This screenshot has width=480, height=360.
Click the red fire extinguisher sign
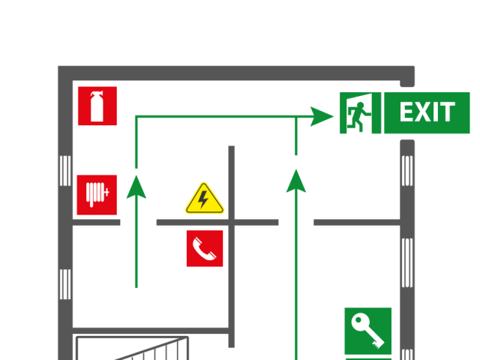(x=97, y=106)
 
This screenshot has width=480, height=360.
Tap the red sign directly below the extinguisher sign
(x=97, y=195)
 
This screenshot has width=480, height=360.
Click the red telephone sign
(x=204, y=248)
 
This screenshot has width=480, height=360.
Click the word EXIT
(x=427, y=113)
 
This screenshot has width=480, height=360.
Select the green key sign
(x=367, y=330)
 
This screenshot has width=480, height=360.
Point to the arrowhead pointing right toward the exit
(x=322, y=116)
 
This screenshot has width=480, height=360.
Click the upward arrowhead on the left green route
(x=136, y=187)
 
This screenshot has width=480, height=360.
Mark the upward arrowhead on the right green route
(x=296, y=181)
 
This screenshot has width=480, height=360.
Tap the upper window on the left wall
(x=65, y=170)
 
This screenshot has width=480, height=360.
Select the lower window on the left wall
(x=65, y=283)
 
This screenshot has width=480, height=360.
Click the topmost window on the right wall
(x=407, y=170)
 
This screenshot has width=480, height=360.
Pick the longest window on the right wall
(x=407, y=262)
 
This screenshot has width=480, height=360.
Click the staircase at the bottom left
(x=132, y=349)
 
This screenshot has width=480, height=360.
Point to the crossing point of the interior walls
(x=231, y=222)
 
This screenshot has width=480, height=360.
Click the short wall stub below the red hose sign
(x=97, y=222)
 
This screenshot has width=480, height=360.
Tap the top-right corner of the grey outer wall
(x=407, y=73)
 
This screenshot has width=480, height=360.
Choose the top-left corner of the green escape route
(x=136, y=117)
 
